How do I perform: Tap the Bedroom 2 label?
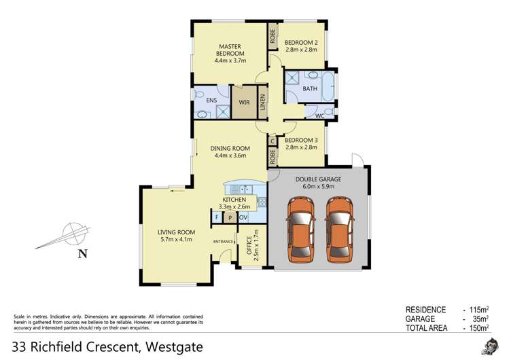coord(301,45)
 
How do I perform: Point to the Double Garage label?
coord(318,183)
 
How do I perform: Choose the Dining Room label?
coord(230,152)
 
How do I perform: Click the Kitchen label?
coord(234,202)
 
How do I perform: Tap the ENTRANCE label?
coord(223,242)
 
